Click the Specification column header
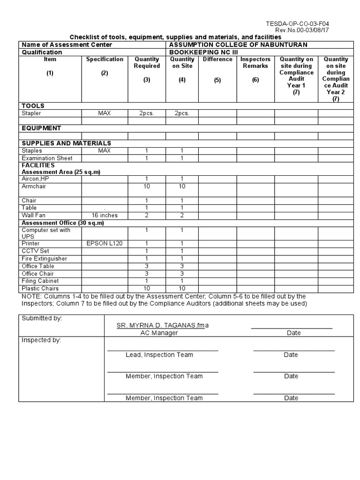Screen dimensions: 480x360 pyautogui.click(x=105, y=59)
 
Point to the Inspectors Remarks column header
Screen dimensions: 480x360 pyautogui.click(x=255, y=62)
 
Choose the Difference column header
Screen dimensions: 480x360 pyautogui.click(x=217, y=59)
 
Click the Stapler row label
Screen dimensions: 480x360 pyautogui.click(x=31, y=113)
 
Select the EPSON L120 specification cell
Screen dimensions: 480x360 pyautogui.click(x=104, y=244)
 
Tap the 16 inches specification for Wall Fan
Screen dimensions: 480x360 pyautogui.click(x=105, y=215)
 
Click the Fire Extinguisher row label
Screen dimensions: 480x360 pyautogui.click(x=44, y=259)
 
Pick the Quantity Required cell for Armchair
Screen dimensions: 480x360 pyautogui.click(x=147, y=186)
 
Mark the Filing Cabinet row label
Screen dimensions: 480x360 pyautogui.click(x=40, y=281)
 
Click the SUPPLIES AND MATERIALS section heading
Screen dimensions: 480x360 pyautogui.click(x=66, y=143)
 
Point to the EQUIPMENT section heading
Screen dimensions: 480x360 pyautogui.click(x=41, y=128)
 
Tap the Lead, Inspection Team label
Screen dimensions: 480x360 pyautogui.click(x=159, y=355)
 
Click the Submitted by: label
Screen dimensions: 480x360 pyautogui.click(x=42, y=318)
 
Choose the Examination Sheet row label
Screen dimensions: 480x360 pyautogui.click(x=47, y=158)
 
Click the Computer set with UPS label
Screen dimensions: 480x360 pyautogui.click(x=46, y=233)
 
